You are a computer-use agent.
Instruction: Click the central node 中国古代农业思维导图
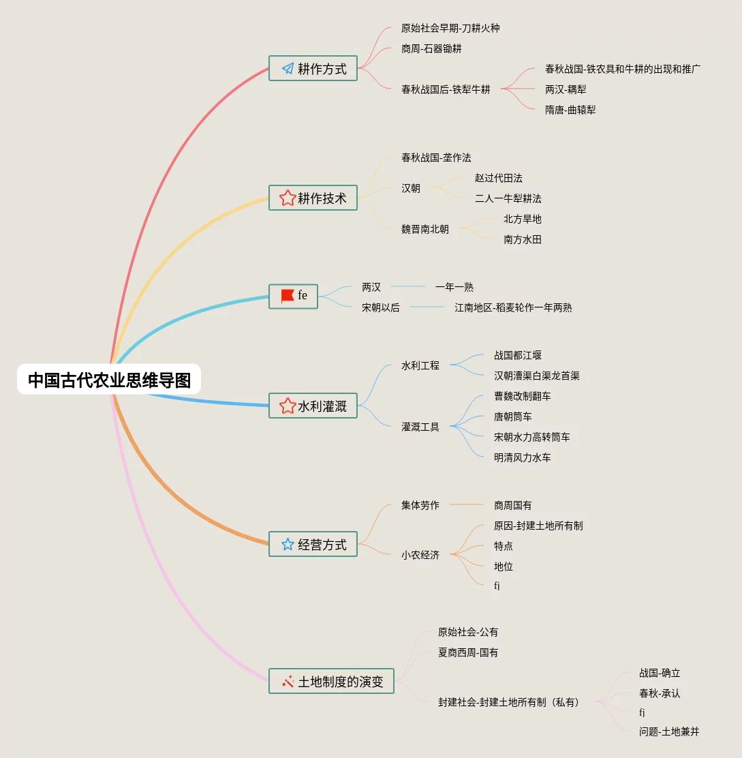(109, 380)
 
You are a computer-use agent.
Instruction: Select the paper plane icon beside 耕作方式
(288, 68)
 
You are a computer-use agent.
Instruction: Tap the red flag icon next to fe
(288, 296)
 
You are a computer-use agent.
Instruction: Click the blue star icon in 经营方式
(288, 544)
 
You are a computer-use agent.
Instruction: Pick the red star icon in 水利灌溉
(288, 406)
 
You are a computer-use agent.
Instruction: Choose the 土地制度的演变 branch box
(331, 681)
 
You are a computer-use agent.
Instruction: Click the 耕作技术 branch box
(313, 198)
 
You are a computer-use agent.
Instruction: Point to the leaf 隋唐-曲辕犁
(570, 110)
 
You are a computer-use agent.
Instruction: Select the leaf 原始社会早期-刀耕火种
(450, 29)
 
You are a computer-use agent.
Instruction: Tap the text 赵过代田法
(498, 178)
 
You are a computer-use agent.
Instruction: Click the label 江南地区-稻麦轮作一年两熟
(513, 307)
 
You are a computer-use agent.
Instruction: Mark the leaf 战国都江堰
(518, 355)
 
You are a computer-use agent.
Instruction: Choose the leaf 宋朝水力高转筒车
(531, 437)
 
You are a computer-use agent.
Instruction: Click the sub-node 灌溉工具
(420, 427)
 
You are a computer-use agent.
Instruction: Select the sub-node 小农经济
(420, 555)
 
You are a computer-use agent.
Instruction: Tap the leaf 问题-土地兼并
(668, 731)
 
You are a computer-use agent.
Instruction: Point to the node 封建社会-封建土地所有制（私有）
(510, 701)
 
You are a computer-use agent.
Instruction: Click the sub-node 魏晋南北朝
(424, 229)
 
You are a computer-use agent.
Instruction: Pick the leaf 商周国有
(512, 505)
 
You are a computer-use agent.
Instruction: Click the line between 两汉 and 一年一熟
(407, 287)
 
